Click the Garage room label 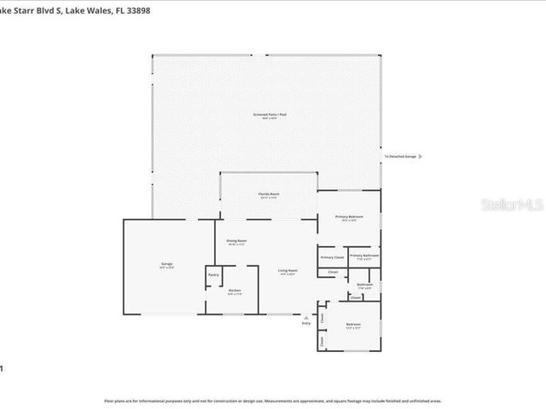tap(167, 264)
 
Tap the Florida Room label tap(269, 194)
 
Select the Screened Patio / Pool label tap(268, 113)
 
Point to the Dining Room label tap(236, 241)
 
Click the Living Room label tap(288, 271)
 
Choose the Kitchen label tap(235, 291)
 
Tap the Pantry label tap(213, 274)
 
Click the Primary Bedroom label tap(349, 217)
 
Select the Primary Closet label tap(332, 256)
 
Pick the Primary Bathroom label tap(364, 255)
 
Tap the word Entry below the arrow tap(306, 323)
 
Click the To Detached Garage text tap(399, 157)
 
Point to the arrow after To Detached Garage tap(420, 157)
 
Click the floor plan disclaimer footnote tap(272, 400)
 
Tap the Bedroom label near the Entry tap(353, 325)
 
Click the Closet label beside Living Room tap(332, 272)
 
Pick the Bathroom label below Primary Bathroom tap(364, 284)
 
